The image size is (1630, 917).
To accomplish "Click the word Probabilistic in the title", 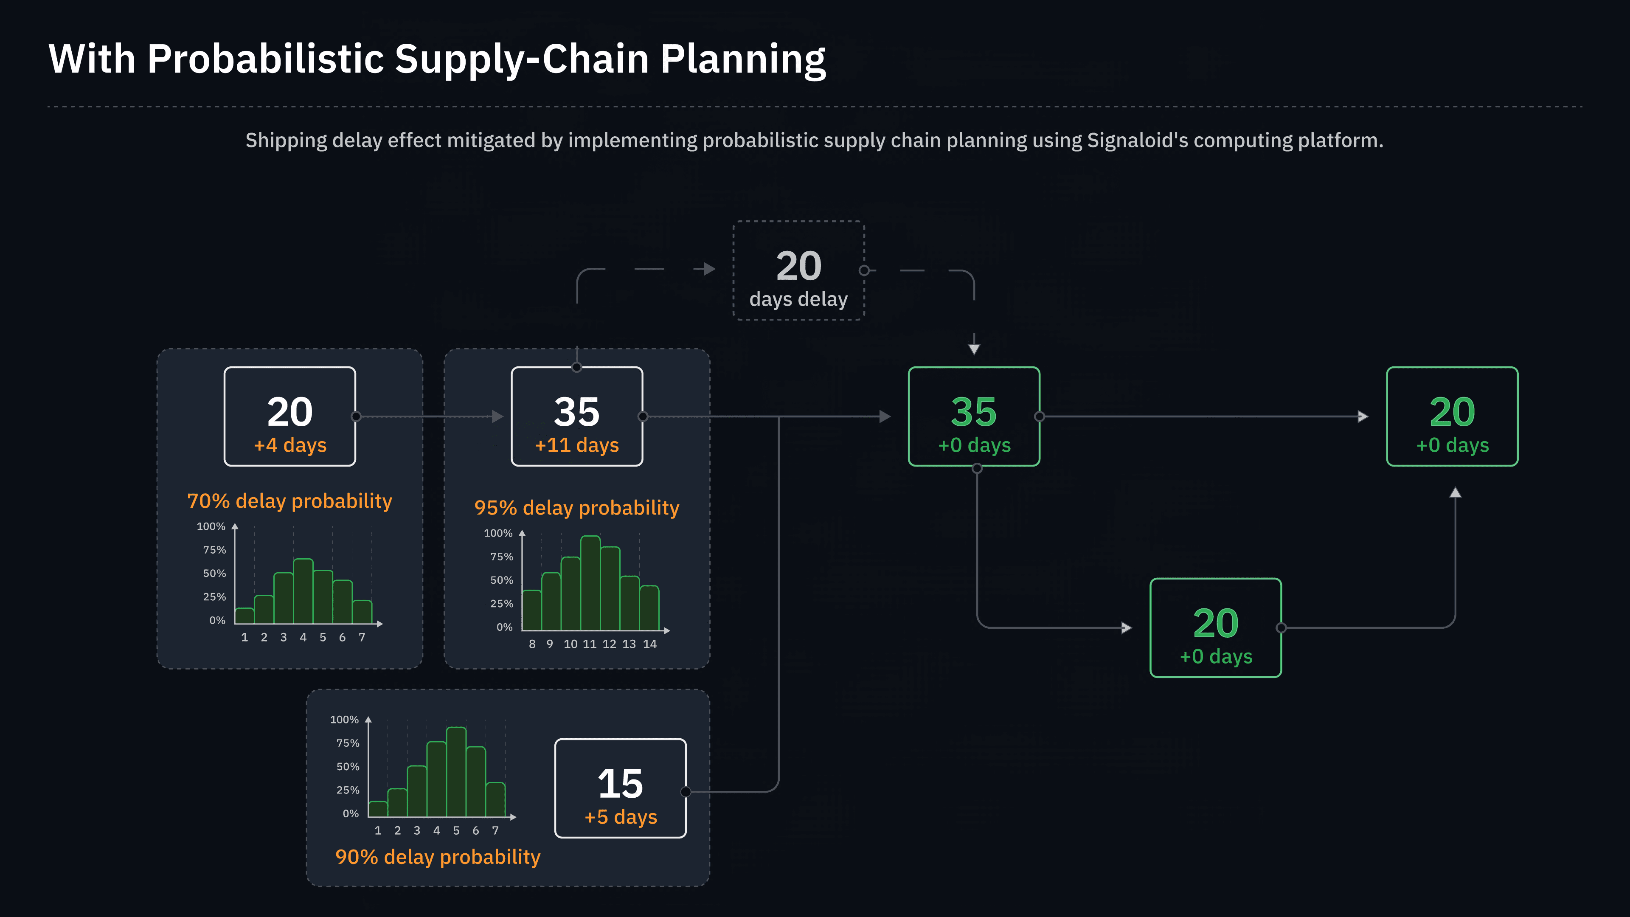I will click(265, 59).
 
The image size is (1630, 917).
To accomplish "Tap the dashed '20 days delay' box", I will click(798, 271).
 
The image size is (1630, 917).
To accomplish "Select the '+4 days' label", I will click(290, 445).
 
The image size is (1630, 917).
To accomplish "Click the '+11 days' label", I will click(576, 445).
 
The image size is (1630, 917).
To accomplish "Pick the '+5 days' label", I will click(620, 817).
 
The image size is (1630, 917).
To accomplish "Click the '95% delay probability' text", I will click(576, 508).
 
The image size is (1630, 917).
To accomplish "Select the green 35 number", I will click(973, 412).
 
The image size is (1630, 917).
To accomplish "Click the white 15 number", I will click(620, 784).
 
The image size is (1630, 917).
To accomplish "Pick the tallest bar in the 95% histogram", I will click(590, 582).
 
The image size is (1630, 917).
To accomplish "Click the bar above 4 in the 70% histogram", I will click(303, 591).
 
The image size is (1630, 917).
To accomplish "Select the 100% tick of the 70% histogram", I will click(211, 526).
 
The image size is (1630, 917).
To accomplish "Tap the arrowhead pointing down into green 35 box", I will click(974, 349).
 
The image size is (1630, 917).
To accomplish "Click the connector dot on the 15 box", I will click(685, 792).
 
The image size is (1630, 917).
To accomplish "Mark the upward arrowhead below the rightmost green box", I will click(1456, 492).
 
